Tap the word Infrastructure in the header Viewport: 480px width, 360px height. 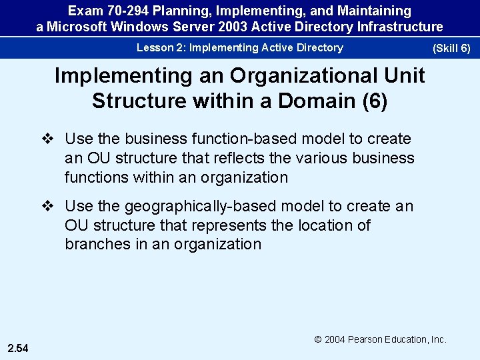click(x=399, y=27)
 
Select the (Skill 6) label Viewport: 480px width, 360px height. click(x=451, y=49)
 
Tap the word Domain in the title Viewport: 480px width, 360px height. click(x=317, y=101)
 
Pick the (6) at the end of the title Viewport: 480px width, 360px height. click(x=374, y=101)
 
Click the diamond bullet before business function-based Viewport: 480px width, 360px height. click(x=47, y=139)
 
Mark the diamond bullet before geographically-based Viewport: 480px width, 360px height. click(x=47, y=207)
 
